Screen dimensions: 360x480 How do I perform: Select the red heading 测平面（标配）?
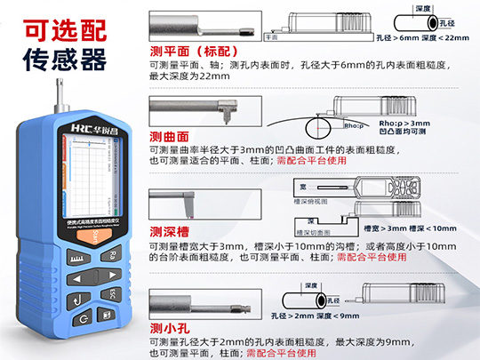pos(195,52)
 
